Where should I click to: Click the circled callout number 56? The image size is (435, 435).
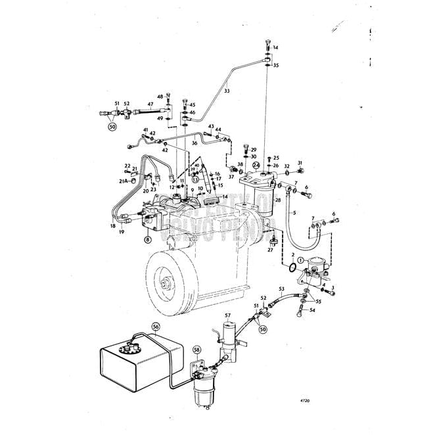(x=156, y=326)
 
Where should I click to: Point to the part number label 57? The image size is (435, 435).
(x=228, y=316)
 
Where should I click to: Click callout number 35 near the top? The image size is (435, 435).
(x=276, y=66)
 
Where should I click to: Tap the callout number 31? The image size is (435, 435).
(x=300, y=162)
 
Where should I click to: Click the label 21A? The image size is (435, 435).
(x=123, y=181)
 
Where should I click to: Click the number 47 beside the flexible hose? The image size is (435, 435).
(x=150, y=104)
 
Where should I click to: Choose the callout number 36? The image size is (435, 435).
(x=195, y=143)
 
